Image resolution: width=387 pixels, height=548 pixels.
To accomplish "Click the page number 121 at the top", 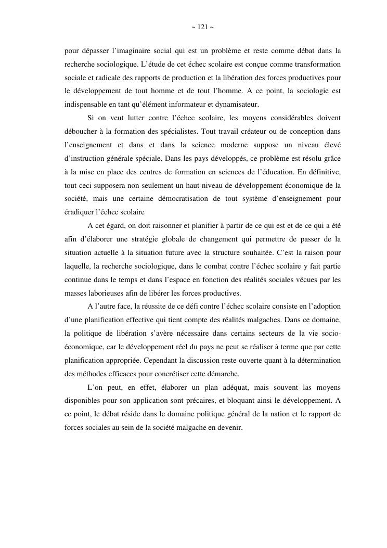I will pos(202,27).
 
